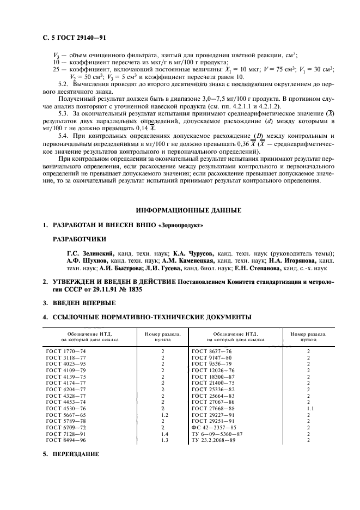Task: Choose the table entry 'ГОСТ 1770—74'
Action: [x=66, y=351]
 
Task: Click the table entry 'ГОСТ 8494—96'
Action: [x=66, y=440]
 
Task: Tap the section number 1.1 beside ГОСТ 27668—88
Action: [x=308, y=408]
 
